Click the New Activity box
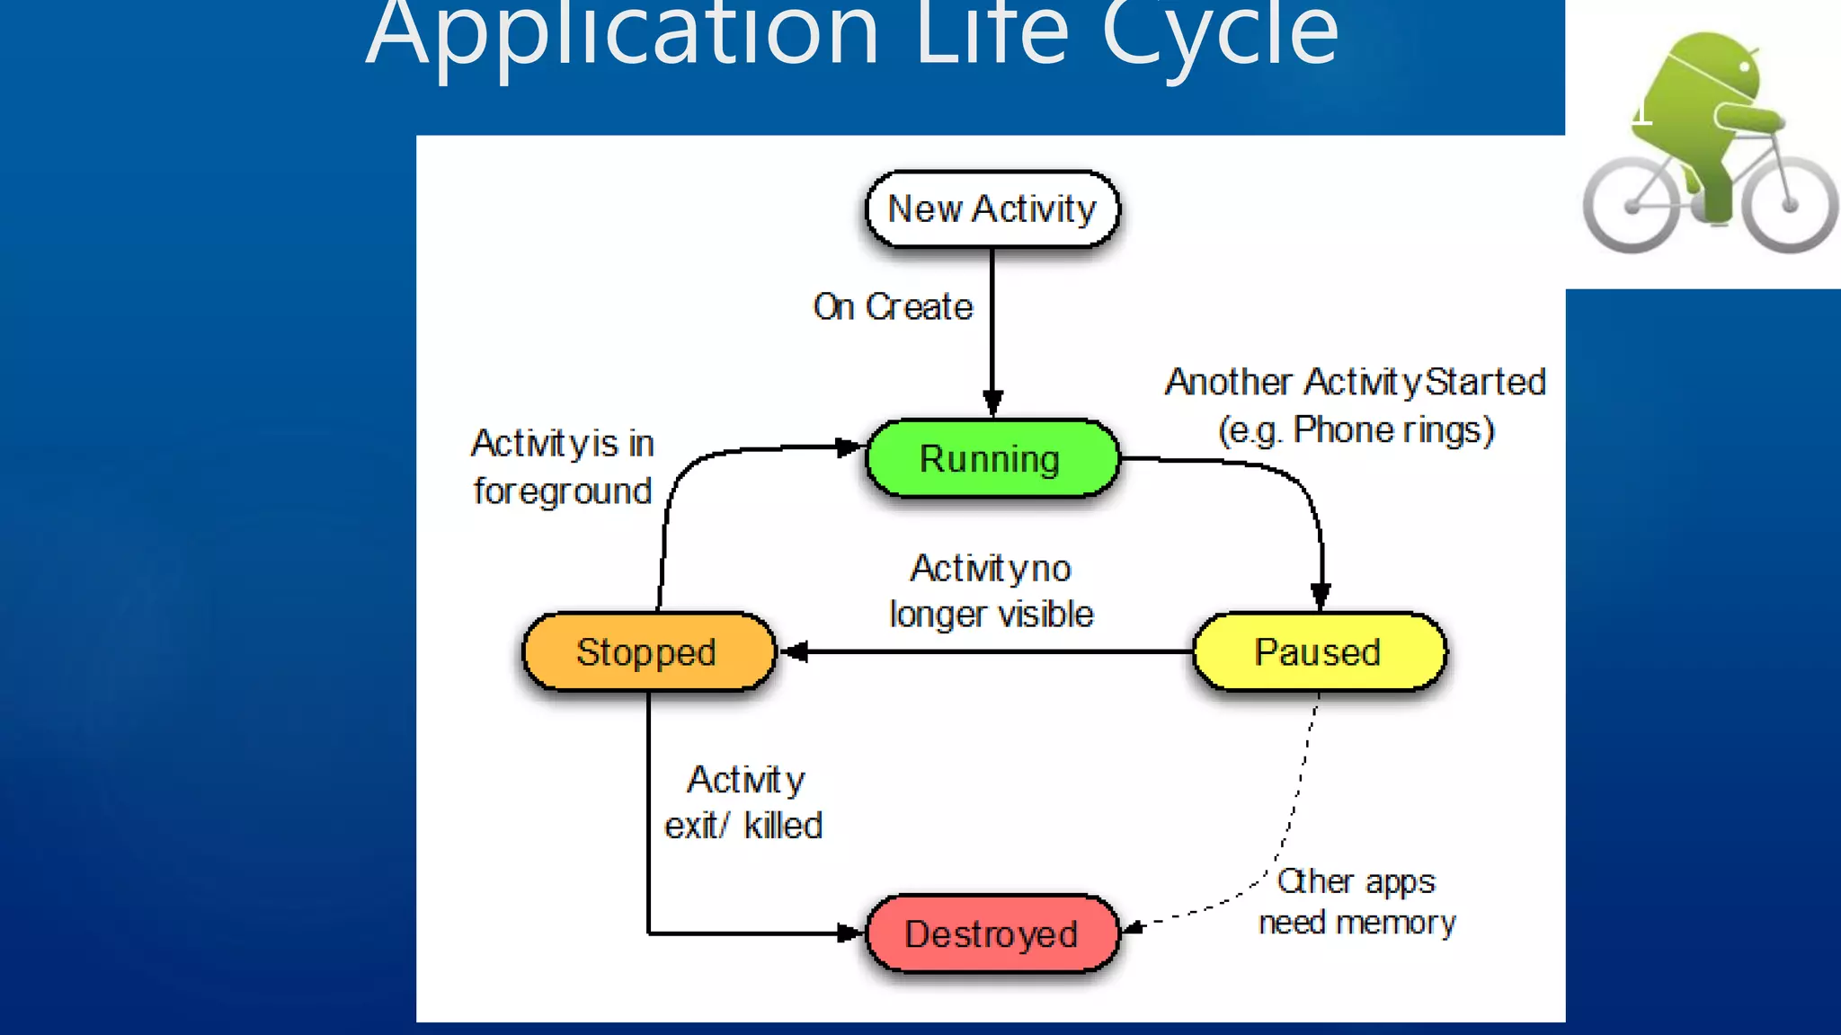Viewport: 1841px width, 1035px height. [992, 208]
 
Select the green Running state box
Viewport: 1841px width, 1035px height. [992, 458]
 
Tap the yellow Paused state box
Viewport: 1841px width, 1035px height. [1319, 651]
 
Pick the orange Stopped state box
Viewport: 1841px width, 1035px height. [647, 651]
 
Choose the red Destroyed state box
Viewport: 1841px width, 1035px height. [992, 933]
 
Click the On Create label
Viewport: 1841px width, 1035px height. [893, 307]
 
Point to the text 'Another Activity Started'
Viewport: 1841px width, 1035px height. [1356, 382]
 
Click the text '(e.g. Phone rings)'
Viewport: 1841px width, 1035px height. [1356, 430]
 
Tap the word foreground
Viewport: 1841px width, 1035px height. [563, 491]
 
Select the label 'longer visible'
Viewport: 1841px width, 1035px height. [992, 615]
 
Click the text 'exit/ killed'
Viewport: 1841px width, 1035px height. [743, 825]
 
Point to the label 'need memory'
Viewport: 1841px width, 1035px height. [1356, 923]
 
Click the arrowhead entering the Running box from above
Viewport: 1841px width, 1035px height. [992, 403]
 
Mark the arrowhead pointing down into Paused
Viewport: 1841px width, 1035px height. [1321, 596]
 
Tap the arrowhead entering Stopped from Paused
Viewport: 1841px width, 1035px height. [796, 651]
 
